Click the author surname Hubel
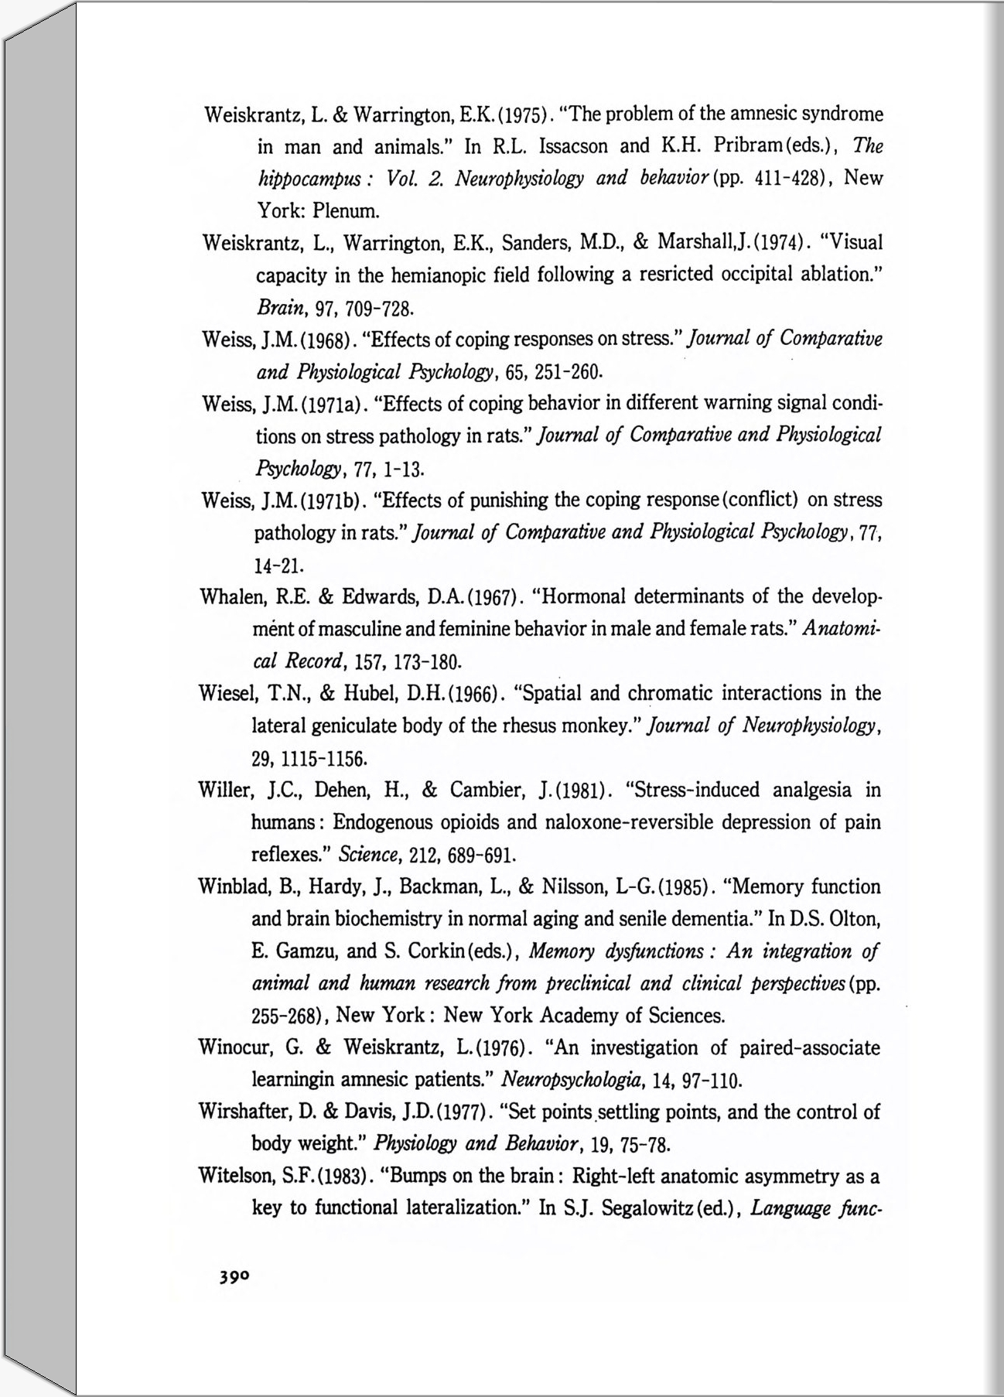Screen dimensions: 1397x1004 (373, 693)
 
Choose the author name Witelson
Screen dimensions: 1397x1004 (234, 1177)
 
